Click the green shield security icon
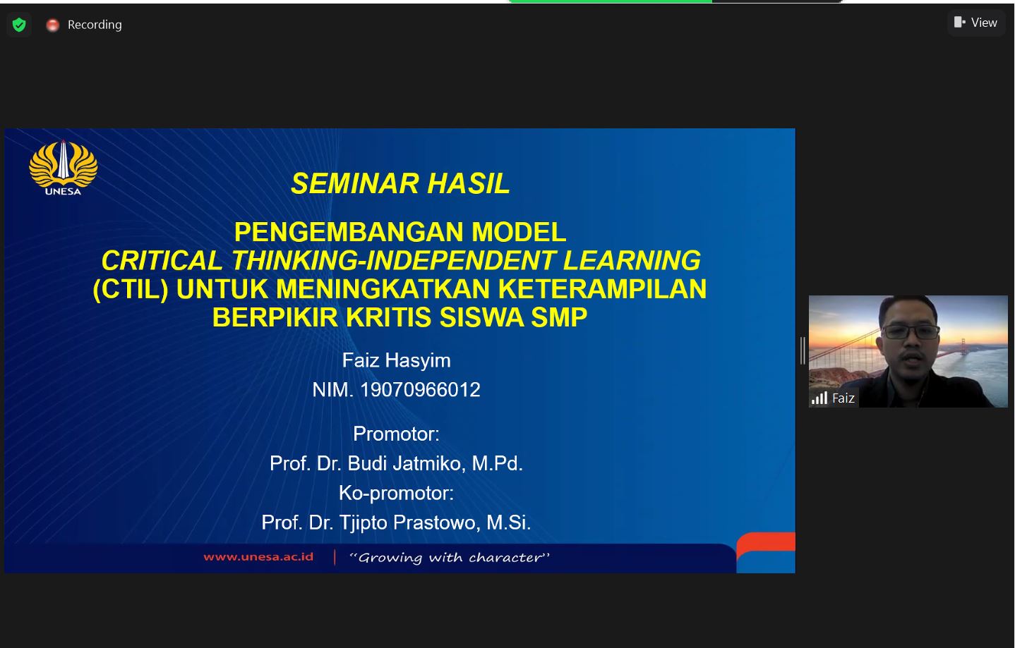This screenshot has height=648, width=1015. pos(19,25)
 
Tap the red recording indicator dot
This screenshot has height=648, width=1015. pos(52,25)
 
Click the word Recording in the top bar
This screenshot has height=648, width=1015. pos(95,25)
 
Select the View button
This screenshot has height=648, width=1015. pos(976,22)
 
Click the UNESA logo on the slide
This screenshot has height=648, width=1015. pos(63,168)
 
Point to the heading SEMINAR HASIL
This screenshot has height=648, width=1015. pos(400,183)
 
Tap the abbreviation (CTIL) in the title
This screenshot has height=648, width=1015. pos(131,288)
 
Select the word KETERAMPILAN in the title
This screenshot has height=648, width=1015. pos(602,288)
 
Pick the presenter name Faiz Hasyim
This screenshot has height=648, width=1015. pos(397,360)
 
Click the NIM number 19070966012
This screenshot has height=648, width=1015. pos(420,390)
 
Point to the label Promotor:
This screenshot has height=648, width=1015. pos(396,434)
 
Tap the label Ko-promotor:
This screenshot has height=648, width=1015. pos(396,494)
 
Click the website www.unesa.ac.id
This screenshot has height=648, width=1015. pos(258,556)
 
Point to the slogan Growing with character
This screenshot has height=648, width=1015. pos(449,558)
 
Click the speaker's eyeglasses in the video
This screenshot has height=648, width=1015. pos(911,333)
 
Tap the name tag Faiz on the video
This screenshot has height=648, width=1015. pos(843,398)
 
